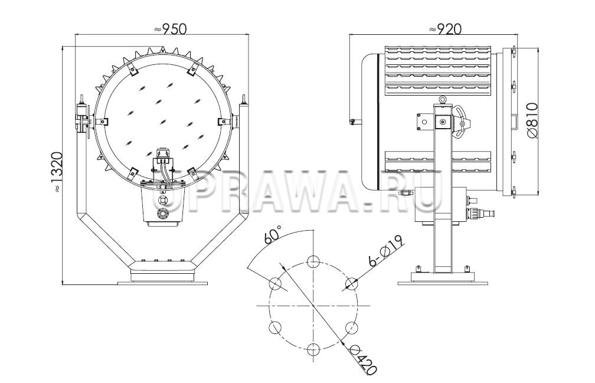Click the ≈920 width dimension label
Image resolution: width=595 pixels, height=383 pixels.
click(445, 29)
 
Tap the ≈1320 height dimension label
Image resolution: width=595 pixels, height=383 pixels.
click(57, 172)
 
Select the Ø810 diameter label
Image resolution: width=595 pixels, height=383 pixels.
click(532, 119)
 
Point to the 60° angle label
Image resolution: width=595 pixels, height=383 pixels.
click(273, 234)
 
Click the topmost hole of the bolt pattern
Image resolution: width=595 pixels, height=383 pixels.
click(313, 261)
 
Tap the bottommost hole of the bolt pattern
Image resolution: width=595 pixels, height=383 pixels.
click(313, 349)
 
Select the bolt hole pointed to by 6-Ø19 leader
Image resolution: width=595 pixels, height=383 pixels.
click(352, 283)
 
